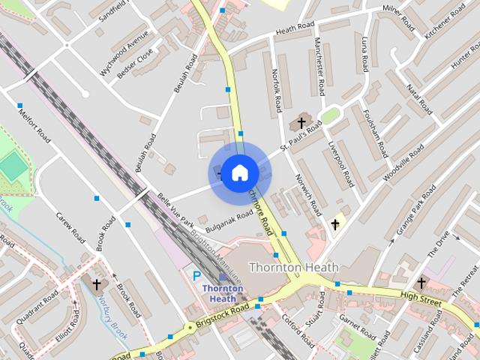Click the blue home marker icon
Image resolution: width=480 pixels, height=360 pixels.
coord(239,173)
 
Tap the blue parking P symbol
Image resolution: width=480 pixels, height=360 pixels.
coord(197,275)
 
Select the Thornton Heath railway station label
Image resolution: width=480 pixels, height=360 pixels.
coord(223,293)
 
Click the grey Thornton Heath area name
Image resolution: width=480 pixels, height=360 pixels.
coord(293,267)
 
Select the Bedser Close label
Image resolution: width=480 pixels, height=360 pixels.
coord(136,64)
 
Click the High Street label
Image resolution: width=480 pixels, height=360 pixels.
coord(419,296)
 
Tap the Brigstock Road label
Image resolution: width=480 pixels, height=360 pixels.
coord(223,315)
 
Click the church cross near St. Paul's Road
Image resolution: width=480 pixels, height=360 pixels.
coord(302,122)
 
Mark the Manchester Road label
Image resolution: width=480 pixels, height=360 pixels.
coord(320,66)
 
